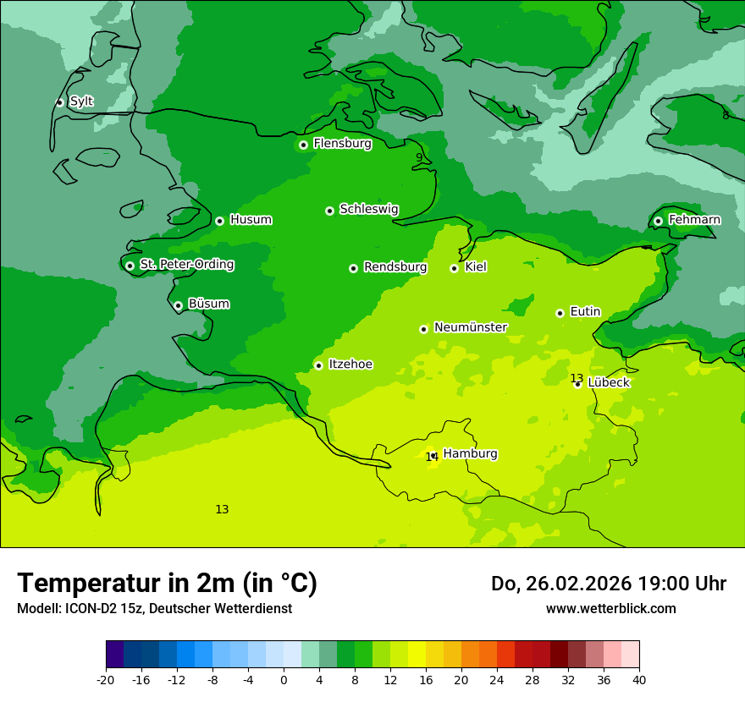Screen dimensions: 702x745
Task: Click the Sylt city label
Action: (x=81, y=101)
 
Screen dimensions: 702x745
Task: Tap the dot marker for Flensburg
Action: (x=303, y=145)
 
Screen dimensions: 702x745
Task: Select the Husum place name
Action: (x=251, y=220)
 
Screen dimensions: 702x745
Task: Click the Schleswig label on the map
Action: (x=368, y=209)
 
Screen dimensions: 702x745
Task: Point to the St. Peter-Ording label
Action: (x=186, y=265)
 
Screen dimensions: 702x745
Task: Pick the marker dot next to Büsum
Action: (x=178, y=306)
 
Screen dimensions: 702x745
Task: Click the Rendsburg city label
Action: (x=395, y=267)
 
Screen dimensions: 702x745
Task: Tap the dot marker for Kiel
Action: (x=454, y=268)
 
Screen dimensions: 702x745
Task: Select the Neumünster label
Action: (x=470, y=327)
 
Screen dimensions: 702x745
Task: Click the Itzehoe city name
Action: (x=350, y=365)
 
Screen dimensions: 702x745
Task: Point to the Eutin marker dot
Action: (x=560, y=313)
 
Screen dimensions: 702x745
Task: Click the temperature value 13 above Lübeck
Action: (x=577, y=378)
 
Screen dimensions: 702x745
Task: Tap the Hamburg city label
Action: (x=470, y=453)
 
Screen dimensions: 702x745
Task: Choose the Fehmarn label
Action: (x=694, y=220)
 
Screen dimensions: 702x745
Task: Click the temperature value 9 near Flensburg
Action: (x=418, y=157)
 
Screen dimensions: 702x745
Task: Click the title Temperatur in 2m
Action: (x=167, y=583)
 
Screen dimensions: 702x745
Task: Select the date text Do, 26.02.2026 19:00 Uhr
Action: (x=608, y=584)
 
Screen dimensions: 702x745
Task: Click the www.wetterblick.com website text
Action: (x=610, y=608)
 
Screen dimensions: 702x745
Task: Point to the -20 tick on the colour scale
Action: (x=106, y=679)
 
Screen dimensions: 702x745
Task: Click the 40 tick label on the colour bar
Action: (x=638, y=679)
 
